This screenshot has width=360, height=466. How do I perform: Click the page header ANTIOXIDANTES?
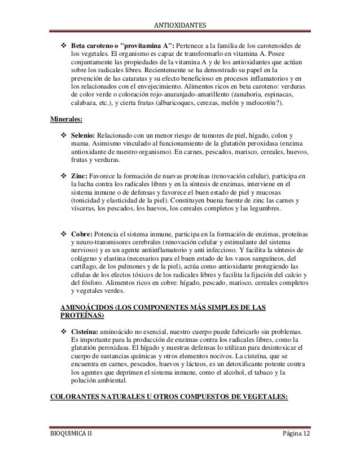(180, 25)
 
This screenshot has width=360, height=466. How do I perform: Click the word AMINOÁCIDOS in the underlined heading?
(86, 308)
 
